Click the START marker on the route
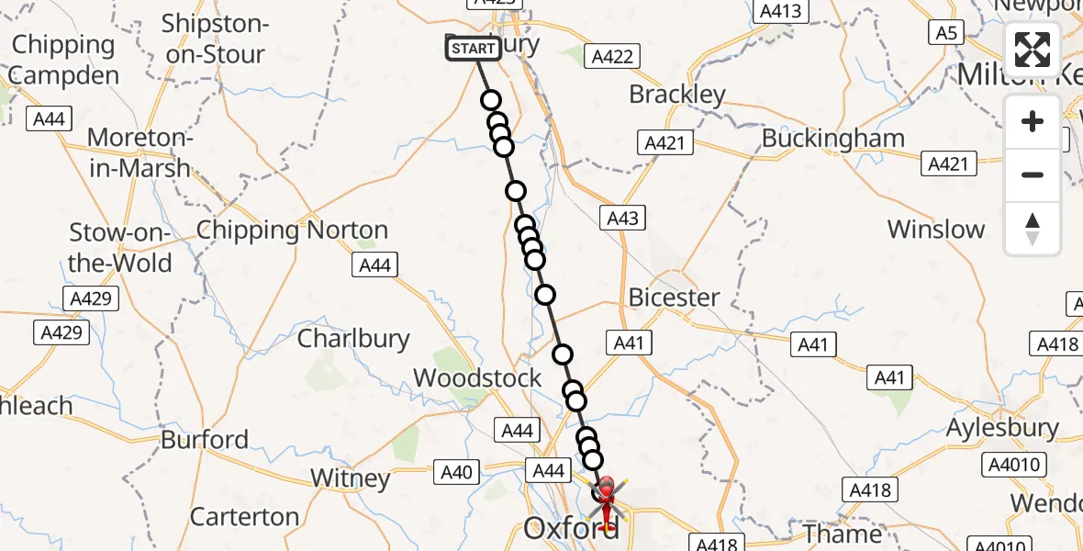(x=474, y=48)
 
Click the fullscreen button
(x=1033, y=49)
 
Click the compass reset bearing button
(x=1033, y=229)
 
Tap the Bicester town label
(x=675, y=298)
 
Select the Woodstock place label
(x=478, y=377)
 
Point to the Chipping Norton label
(x=292, y=230)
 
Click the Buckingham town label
(x=833, y=139)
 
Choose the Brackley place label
(x=677, y=95)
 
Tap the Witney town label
(x=350, y=478)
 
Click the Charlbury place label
(x=353, y=338)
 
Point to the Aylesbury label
(x=1002, y=428)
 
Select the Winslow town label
(x=936, y=230)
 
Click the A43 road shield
(x=622, y=218)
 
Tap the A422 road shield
(x=613, y=56)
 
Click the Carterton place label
(x=244, y=516)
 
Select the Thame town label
(x=843, y=534)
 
